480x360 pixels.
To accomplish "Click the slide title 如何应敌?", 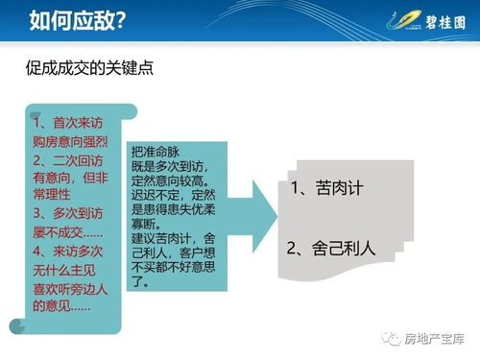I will tap(77, 19).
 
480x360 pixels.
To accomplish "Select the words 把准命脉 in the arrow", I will tap(155, 152).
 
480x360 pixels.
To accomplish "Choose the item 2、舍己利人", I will tap(332, 248).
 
